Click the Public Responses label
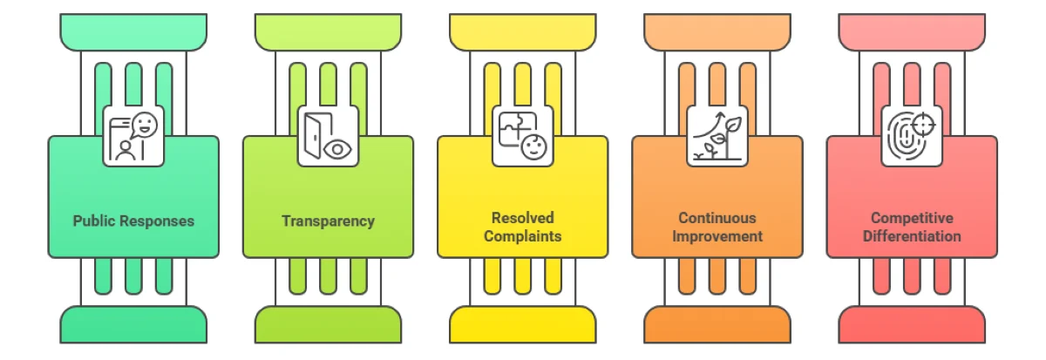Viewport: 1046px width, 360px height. click(x=133, y=221)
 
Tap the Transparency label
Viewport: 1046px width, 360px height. click(x=328, y=221)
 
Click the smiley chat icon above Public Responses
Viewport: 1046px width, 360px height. click(x=133, y=136)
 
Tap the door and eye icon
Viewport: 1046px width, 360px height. click(x=328, y=136)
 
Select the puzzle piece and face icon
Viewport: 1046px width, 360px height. click(x=522, y=136)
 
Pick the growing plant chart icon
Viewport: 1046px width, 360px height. click(x=717, y=136)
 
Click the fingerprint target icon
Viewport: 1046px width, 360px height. click(x=912, y=136)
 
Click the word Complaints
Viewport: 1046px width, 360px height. click(x=522, y=236)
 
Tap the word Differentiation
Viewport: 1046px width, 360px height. click(x=912, y=236)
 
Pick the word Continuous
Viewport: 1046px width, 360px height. click(x=717, y=218)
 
